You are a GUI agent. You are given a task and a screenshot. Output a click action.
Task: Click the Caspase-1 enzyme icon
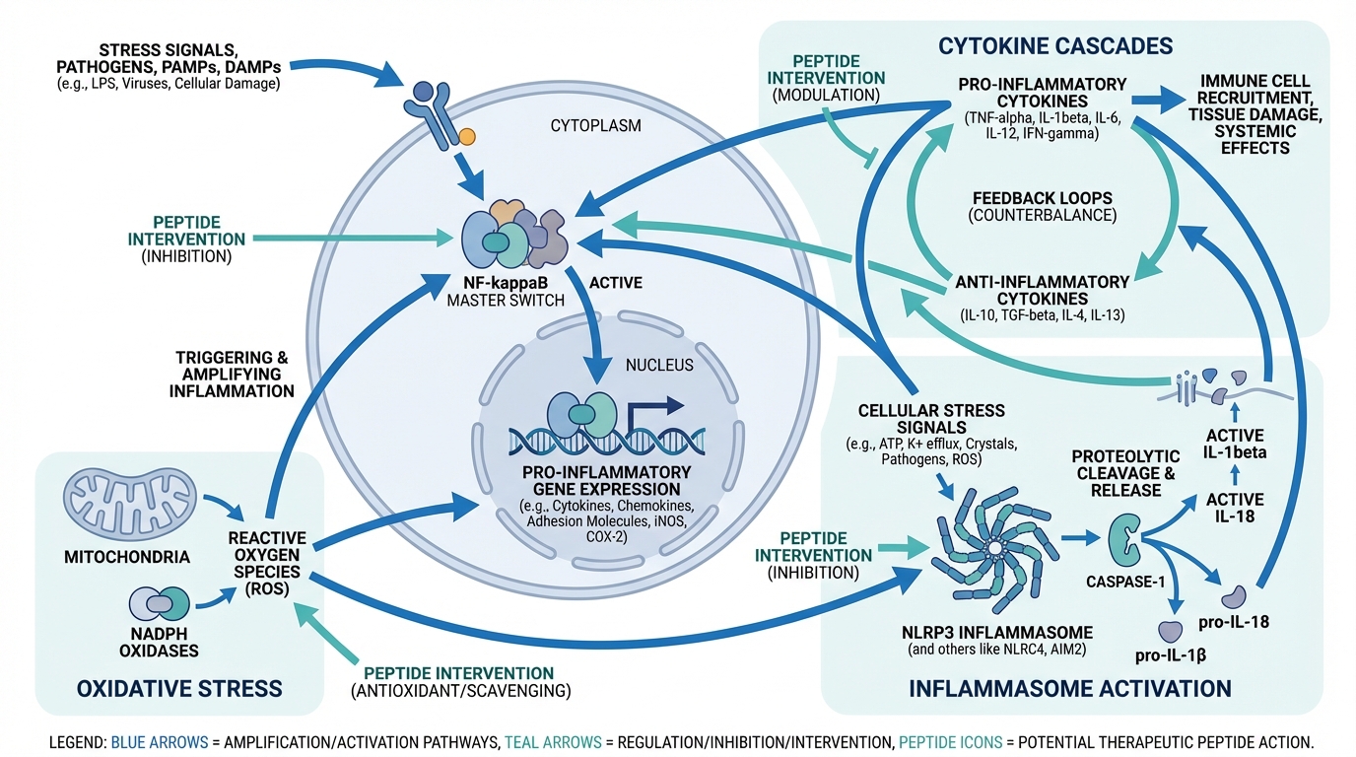point(1126,540)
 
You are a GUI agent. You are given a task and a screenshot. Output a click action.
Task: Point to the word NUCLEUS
point(659,365)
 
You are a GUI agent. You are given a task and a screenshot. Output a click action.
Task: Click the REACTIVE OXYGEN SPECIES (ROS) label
point(267,563)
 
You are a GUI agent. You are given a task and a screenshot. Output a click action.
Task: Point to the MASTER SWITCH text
point(506,301)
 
